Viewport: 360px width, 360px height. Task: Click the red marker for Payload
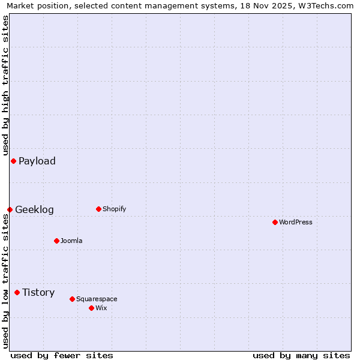13,161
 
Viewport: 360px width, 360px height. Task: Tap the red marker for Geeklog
10,209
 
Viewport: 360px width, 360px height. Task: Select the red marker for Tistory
17,292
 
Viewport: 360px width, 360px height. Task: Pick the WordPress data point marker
275,222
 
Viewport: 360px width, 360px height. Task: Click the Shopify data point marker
98,209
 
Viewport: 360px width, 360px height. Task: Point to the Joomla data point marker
56,241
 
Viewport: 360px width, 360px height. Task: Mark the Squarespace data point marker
72,299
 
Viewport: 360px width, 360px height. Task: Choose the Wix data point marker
91,308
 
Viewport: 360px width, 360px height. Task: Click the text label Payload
37,161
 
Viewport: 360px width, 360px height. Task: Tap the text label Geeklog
34,209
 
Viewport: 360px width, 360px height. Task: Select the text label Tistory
38,292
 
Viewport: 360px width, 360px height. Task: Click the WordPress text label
296,222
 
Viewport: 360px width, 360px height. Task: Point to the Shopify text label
114,209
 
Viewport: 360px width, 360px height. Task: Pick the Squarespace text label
97,299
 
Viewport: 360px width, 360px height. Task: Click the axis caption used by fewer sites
62,356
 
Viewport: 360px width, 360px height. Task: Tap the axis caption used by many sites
301,356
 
